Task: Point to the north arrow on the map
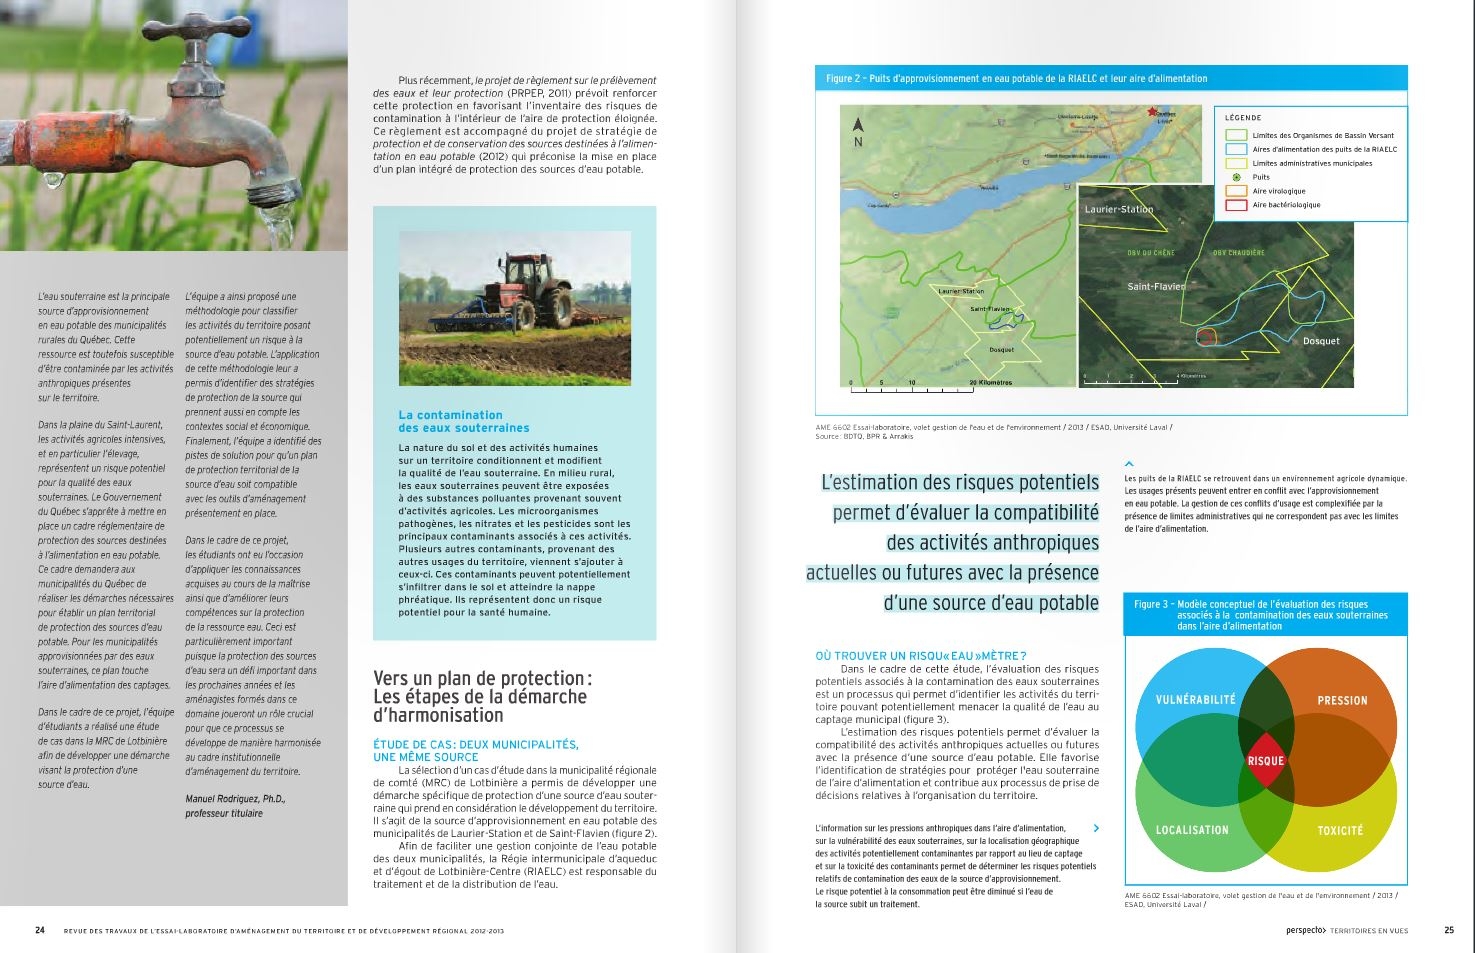pyautogui.click(x=858, y=127)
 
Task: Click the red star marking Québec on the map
pyautogui.click(x=1153, y=112)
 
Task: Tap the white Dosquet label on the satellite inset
pyautogui.click(x=1320, y=341)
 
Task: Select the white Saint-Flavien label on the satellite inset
pyautogui.click(x=1155, y=287)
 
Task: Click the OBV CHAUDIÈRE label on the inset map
pyautogui.click(x=1238, y=253)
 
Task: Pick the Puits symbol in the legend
pyautogui.click(x=1236, y=177)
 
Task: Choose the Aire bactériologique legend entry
pyautogui.click(x=1286, y=205)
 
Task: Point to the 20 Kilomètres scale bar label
pyautogui.click(x=990, y=382)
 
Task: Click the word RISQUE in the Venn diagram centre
pyautogui.click(x=1265, y=761)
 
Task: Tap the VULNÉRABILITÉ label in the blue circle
pyautogui.click(x=1195, y=700)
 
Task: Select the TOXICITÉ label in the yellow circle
pyautogui.click(x=1339, y=830)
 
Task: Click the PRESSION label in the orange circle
pyautogui.click(x=1342, y=701)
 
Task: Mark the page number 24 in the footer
pyautogui.click(x=40, y=930)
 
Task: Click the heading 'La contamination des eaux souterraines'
pyautogui.click(x=464, y=421)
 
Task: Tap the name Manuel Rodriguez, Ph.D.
pyautogui.click(x=235, y=799)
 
